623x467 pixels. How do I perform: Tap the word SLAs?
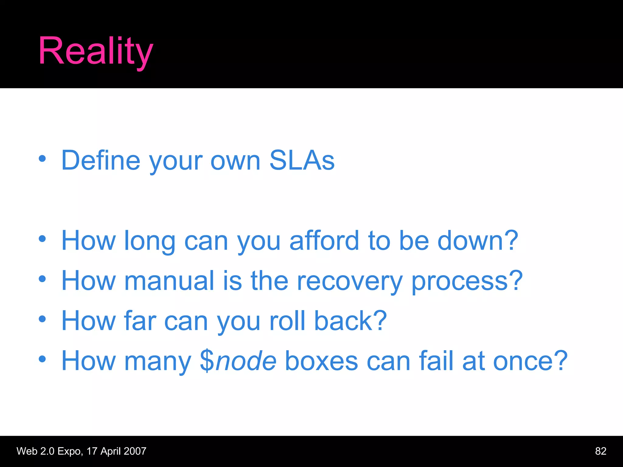pos(302,161)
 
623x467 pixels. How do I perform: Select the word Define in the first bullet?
pos(101,161)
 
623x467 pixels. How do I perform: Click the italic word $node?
pos(238,361)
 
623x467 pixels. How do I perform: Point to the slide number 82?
pos(600,451)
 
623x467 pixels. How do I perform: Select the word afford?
pos(324,241)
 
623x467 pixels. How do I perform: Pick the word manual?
pos(169,281)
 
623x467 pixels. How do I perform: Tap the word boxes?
pos(322,361)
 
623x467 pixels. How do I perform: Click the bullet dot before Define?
pos(42,158)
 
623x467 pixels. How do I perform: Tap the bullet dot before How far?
pos(42,319)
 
